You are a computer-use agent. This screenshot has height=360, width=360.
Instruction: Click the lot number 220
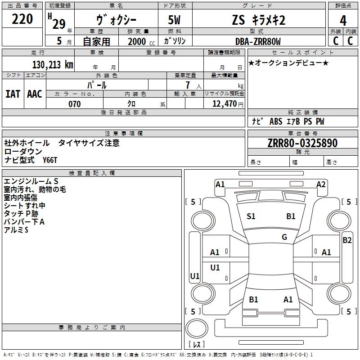[22, 19]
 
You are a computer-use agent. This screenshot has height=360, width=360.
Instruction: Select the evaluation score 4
[343, 20]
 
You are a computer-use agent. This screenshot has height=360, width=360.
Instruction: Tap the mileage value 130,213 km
[53, 64]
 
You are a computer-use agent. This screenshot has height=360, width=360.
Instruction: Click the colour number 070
[75, 104]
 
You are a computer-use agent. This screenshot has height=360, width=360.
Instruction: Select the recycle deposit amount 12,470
[224, 104]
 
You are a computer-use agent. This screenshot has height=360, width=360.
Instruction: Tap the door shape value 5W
[175, 20]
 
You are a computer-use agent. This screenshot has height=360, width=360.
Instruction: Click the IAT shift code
[13, 94]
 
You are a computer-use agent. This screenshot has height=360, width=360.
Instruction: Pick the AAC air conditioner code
[34, 94]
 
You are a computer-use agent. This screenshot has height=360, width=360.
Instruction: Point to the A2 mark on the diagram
[321, 184]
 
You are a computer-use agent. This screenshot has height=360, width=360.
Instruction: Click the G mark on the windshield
[284, 237]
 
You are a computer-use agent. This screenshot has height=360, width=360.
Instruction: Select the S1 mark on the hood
[251, 216]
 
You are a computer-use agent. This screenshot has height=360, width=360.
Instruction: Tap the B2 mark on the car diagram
[347, 240]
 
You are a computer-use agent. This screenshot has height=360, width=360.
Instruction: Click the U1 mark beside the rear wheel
[195, 276]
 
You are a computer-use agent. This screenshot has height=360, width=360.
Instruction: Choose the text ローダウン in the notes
[23, 152]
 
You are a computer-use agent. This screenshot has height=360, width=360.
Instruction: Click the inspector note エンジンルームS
[31, 181]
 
